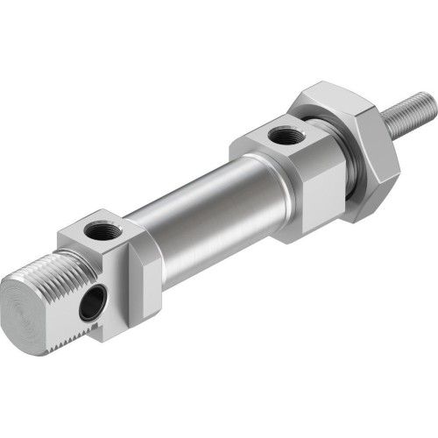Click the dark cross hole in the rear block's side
click(90, 305)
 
